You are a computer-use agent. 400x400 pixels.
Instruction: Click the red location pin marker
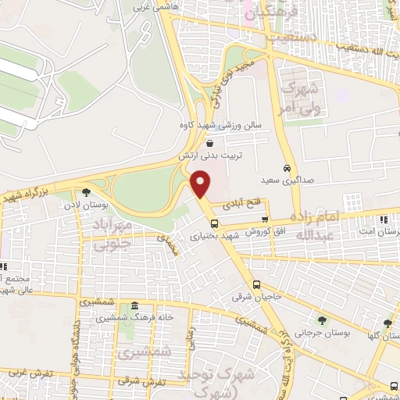point(202,184)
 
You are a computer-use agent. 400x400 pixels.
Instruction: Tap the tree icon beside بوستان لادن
point(85,191)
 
